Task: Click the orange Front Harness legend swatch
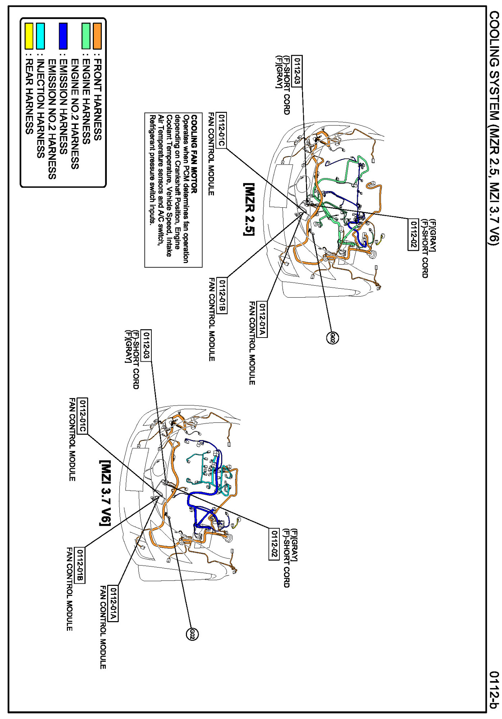97,36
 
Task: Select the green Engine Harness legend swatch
86,36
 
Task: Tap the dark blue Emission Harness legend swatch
63,36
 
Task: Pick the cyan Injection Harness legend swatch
41,36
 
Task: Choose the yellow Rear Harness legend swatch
29,36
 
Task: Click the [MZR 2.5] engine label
249,209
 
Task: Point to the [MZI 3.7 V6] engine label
105,493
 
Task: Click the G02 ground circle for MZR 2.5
333,338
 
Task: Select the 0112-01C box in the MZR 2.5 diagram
222,130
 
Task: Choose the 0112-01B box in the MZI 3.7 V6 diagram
80,566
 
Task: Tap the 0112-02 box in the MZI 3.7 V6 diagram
274,544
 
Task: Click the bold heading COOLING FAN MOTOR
194,154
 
